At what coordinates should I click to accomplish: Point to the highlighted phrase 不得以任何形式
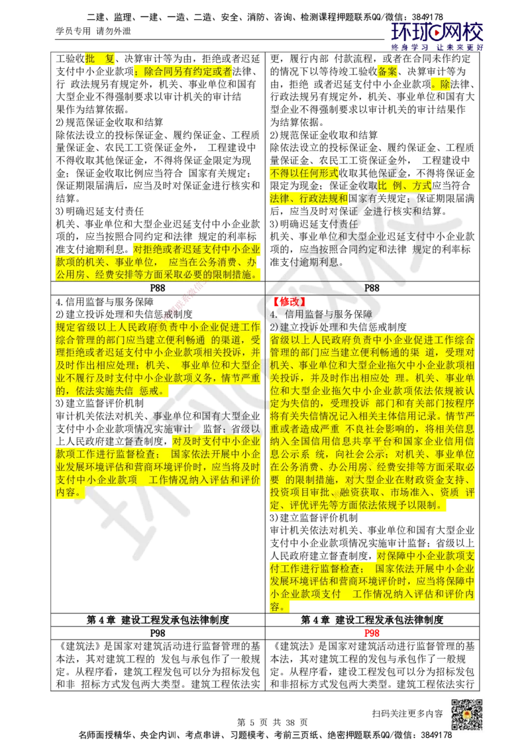coord(303,174)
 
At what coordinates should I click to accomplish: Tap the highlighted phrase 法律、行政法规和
coord(308,197)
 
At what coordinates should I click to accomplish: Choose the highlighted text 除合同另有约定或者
coord(184,72)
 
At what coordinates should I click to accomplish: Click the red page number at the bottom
coord(372,633)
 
